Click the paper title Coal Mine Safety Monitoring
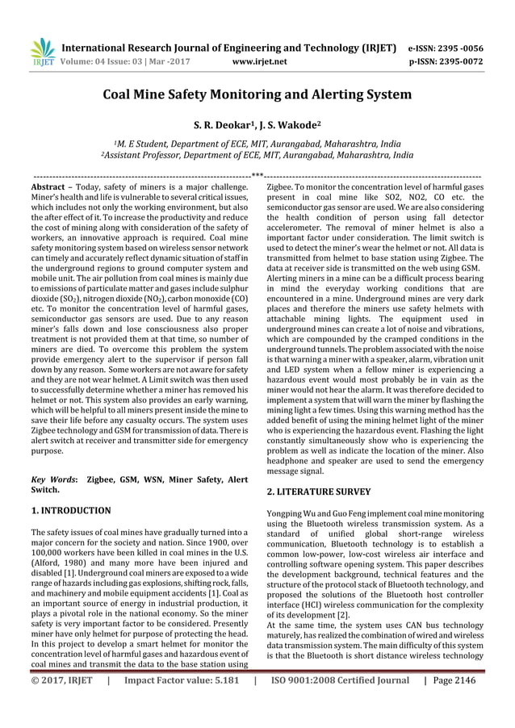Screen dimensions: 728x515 pos(257,94)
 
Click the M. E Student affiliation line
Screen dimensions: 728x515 pos(257,143)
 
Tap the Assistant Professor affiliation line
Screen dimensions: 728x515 pos(257,155)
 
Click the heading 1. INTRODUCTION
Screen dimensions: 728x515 pos(70,510)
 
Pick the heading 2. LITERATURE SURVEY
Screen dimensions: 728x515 pos(319,491)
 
